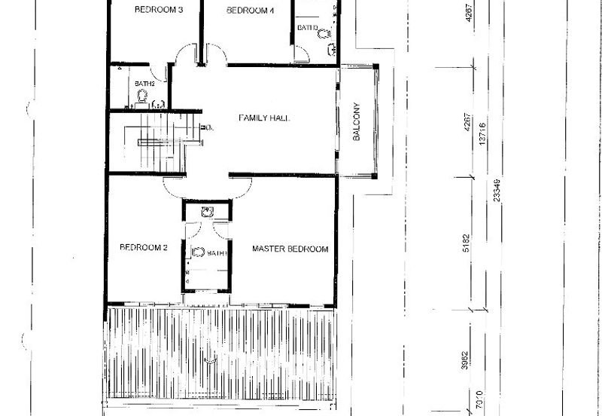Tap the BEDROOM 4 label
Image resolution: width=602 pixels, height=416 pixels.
pyautogui.click(x=251, y=11)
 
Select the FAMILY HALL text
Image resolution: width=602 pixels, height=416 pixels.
pyautogui.click(x=264, y=118)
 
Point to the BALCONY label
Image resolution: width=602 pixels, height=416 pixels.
pyautogui.click(x=357, y=122)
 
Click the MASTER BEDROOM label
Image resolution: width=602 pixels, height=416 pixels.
pyautogui.click(x=290, y=249)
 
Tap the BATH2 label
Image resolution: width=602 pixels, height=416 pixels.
pyautogui.click(x=144, y=84)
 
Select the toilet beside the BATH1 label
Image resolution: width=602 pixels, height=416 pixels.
pyautogui.click(x=198, y=252)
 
